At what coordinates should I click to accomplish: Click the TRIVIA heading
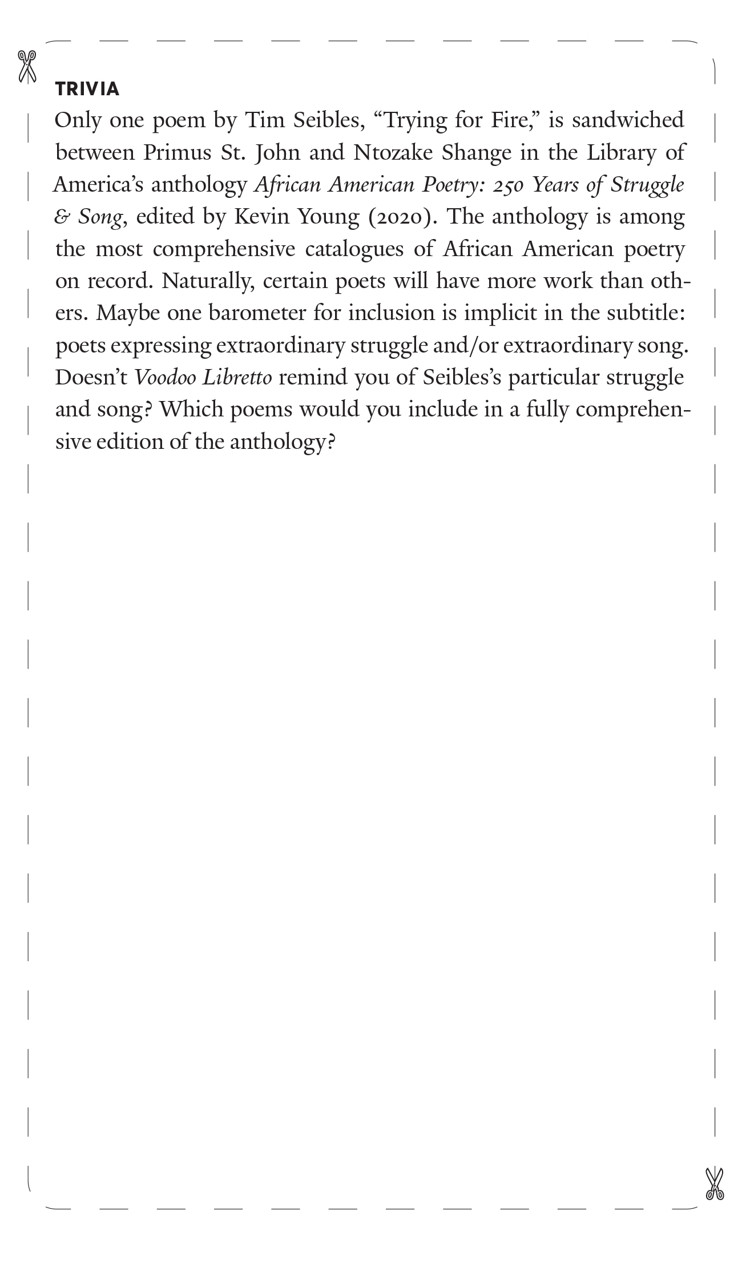[x=87, y=89]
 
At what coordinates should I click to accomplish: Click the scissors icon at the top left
[x=27, y=66]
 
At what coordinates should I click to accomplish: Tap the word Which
[x=191, y=410]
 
